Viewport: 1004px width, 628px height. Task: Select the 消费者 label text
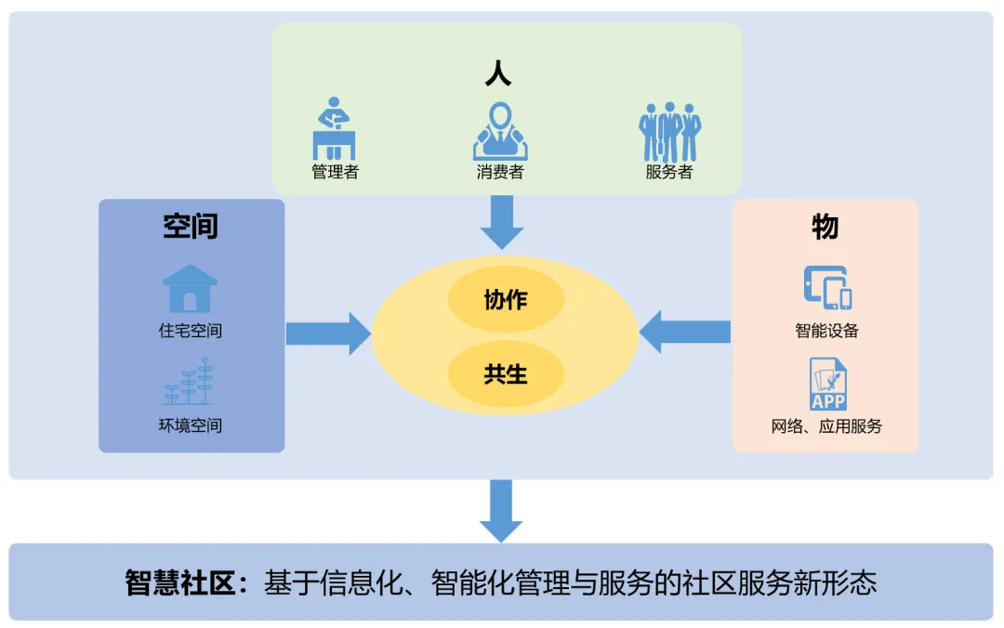500,172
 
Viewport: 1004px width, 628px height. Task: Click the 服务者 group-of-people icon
669,132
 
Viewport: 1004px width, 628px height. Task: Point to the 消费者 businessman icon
500,131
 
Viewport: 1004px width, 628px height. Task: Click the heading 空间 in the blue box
191,227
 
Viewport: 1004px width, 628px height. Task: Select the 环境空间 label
191,426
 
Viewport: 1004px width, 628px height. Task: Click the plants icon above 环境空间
190,383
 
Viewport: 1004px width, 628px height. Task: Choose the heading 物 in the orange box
825,227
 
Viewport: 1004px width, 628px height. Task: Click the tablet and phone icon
827,287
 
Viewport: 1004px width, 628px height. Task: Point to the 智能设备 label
826,331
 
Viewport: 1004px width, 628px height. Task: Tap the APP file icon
827,384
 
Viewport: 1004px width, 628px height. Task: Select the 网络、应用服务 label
826,426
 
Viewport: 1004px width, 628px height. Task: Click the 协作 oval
506,300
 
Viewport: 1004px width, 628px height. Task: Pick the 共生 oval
506,374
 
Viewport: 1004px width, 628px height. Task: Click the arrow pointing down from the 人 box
502,225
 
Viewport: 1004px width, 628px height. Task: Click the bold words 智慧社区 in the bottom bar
185,583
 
